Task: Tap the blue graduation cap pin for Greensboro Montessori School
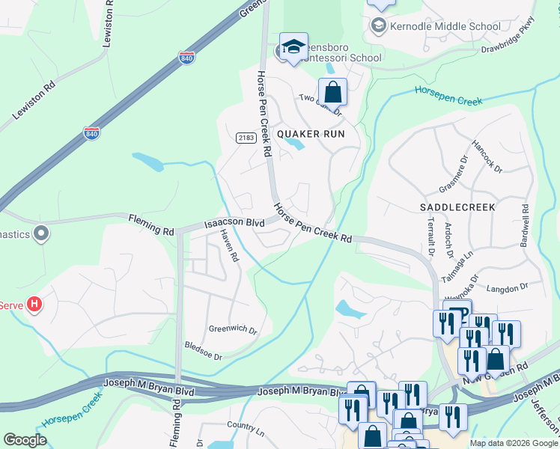[293, 46]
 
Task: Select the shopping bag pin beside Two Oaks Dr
[333, 93]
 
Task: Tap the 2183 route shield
[246, 138]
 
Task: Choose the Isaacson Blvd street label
[236, 222]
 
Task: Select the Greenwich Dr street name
[233, 329]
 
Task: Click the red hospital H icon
[34, 305]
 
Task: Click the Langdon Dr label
[508, 287]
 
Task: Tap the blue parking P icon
[457, 313]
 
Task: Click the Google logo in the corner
[25, 440]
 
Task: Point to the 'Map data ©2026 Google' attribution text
[513, 443]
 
